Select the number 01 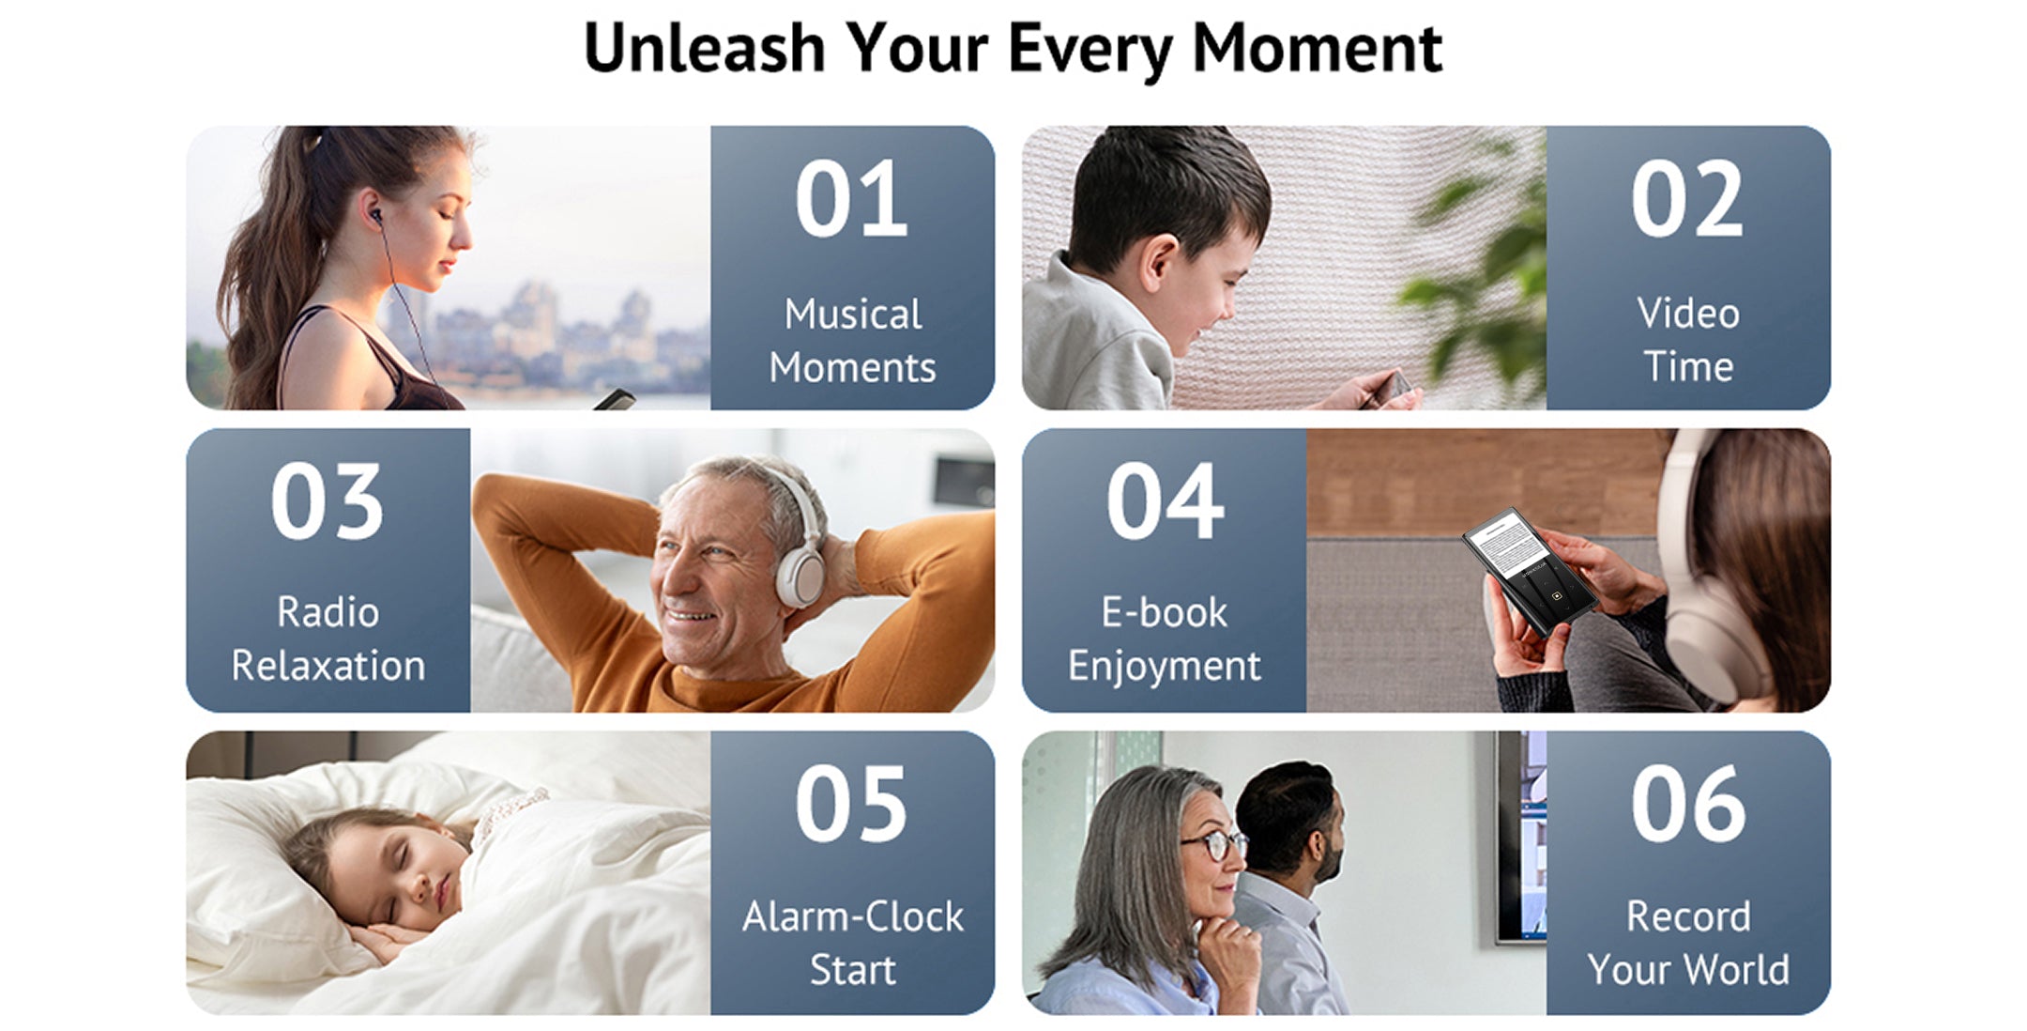tap(851, 198)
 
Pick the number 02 tap(1687, 198)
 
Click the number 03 tap(328, 501)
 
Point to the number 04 tap(1165, 501)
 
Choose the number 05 tap(851, 804)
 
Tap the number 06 tap(1687, 804)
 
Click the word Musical tap(853, 314)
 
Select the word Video tap(1688, 313)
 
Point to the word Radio tap(328, 612)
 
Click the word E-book tap(1164, 612)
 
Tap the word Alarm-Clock tap(853, 916)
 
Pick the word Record tap(1688, 916)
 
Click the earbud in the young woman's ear tap(374, 217)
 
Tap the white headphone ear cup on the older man tap(800, 573)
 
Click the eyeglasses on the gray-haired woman tap(1216, 843)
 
